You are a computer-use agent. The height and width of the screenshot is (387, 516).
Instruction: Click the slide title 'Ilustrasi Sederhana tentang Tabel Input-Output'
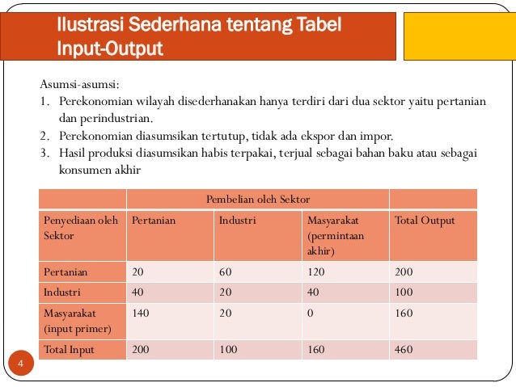[x=198, y=38]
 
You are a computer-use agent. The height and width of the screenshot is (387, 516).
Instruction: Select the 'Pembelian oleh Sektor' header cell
[x=258, y=199]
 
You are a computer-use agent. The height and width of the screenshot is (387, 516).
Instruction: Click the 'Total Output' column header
[x=424, y=220]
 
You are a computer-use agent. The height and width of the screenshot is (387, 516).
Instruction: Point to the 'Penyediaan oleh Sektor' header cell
[x=80, y=228]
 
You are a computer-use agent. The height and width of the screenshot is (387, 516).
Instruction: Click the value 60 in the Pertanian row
[x=226, y=272]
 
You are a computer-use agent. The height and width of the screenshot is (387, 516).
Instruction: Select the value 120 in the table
[x=316, y=272]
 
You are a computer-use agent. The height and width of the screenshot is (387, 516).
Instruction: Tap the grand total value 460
[x=403, y=350]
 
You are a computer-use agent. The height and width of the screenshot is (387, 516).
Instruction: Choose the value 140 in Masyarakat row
[x=141, y=312]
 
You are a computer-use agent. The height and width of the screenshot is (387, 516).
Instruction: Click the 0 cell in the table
[x=310, y=312]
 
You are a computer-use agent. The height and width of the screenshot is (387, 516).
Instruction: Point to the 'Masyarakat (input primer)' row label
[x=77, y=320]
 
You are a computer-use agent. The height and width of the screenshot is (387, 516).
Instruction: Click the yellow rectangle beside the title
[x=459, y=34]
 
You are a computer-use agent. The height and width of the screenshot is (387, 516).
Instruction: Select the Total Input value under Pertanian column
[x=141, y=350]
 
